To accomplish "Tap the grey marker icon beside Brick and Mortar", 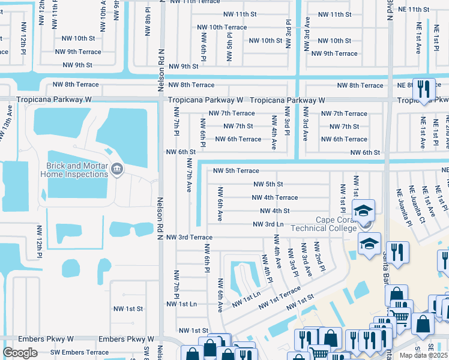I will point(116,170).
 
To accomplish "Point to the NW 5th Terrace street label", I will point(236,171).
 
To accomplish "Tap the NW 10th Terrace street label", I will point(221,28).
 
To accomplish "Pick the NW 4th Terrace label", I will point(275,197).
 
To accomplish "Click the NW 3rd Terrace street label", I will point(189,238).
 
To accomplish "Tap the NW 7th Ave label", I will point(189,175).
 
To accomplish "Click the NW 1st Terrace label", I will point(279,298).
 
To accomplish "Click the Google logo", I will point(20,352).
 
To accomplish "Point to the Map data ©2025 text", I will point(424,355).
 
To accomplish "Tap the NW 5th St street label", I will point(268,184).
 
